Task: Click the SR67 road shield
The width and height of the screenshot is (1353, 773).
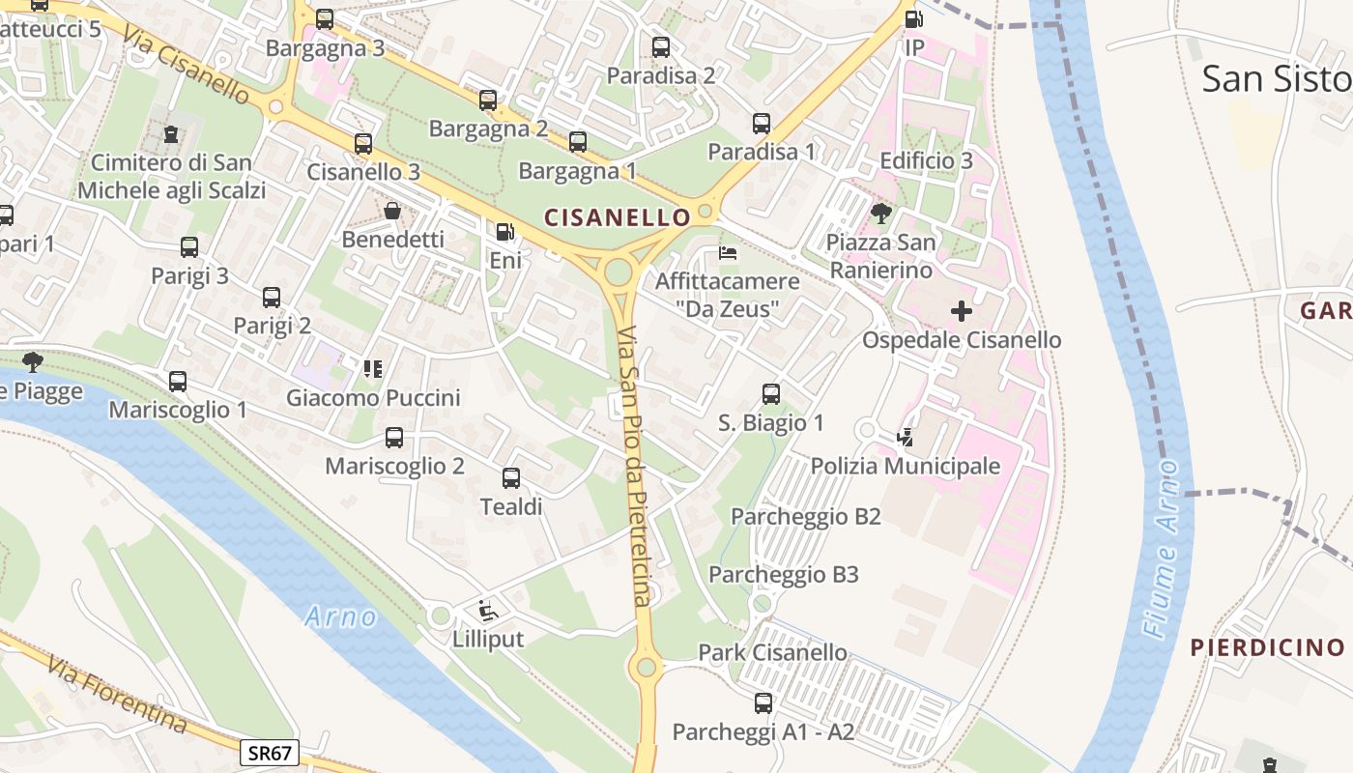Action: (270, 753)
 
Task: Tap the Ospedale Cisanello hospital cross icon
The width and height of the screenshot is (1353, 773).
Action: (961, 311)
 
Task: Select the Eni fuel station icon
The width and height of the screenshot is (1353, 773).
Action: (504, 232)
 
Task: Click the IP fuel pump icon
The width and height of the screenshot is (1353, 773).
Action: (913, 18)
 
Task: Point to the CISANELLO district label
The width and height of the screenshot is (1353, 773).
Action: (619, 217)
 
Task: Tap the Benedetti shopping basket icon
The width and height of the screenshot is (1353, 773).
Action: (392, 211)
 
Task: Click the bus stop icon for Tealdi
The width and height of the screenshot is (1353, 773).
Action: (511, 477)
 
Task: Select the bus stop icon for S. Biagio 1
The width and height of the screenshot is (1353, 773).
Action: (770, 394)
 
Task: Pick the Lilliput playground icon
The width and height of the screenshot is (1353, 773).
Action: (488, 611)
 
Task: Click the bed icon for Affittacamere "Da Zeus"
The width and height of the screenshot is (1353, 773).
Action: (728, 253)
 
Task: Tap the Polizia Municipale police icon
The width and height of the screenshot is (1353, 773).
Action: (905, 438)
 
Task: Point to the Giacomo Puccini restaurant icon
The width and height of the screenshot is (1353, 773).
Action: (373, 368)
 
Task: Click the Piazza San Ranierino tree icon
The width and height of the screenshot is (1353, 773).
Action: (880, 213)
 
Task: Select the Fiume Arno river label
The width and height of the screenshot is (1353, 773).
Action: (1161, 548)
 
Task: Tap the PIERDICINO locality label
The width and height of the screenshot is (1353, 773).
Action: (1267, 647)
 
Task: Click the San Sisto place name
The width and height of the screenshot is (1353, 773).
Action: (1276, 79)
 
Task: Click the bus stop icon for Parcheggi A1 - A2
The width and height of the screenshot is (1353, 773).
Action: (763, 702)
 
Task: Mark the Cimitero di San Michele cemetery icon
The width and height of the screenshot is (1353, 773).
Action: (171, 133)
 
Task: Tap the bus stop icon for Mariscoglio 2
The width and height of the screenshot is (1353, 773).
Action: (394, 438)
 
